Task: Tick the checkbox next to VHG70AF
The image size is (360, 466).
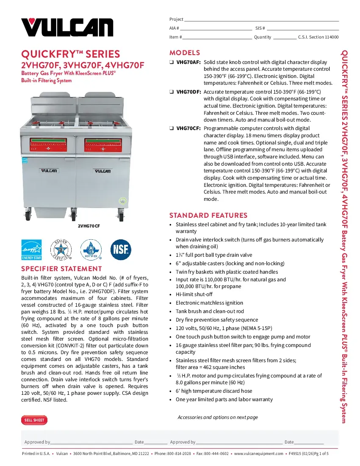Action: (x=172, y=62)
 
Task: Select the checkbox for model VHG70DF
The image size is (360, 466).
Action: (x=172, y=92)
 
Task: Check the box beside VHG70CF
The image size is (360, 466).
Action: (x=172, y=128)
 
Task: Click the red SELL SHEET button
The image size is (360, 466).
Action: (x=34, y=420)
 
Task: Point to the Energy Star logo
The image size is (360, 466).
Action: (x=31, y=250)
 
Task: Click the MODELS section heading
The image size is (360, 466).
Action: (x=185, y=53)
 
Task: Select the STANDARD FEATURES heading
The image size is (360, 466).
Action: (x=208, y=216)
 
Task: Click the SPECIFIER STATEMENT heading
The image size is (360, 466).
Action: (x=62, y=269)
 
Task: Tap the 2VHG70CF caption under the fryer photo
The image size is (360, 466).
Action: (x=89, y=226)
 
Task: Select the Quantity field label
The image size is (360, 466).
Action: (x=263, y=37)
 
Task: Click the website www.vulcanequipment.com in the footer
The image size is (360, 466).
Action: (x=259, y=454)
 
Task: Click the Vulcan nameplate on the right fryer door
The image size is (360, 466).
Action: (x=102, y=171)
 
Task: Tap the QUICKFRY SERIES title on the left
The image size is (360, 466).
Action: (x=71, y=54)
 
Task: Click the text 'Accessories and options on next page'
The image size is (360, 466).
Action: (x=218, y=417)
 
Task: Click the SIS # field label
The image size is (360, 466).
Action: (x=260, y=28)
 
